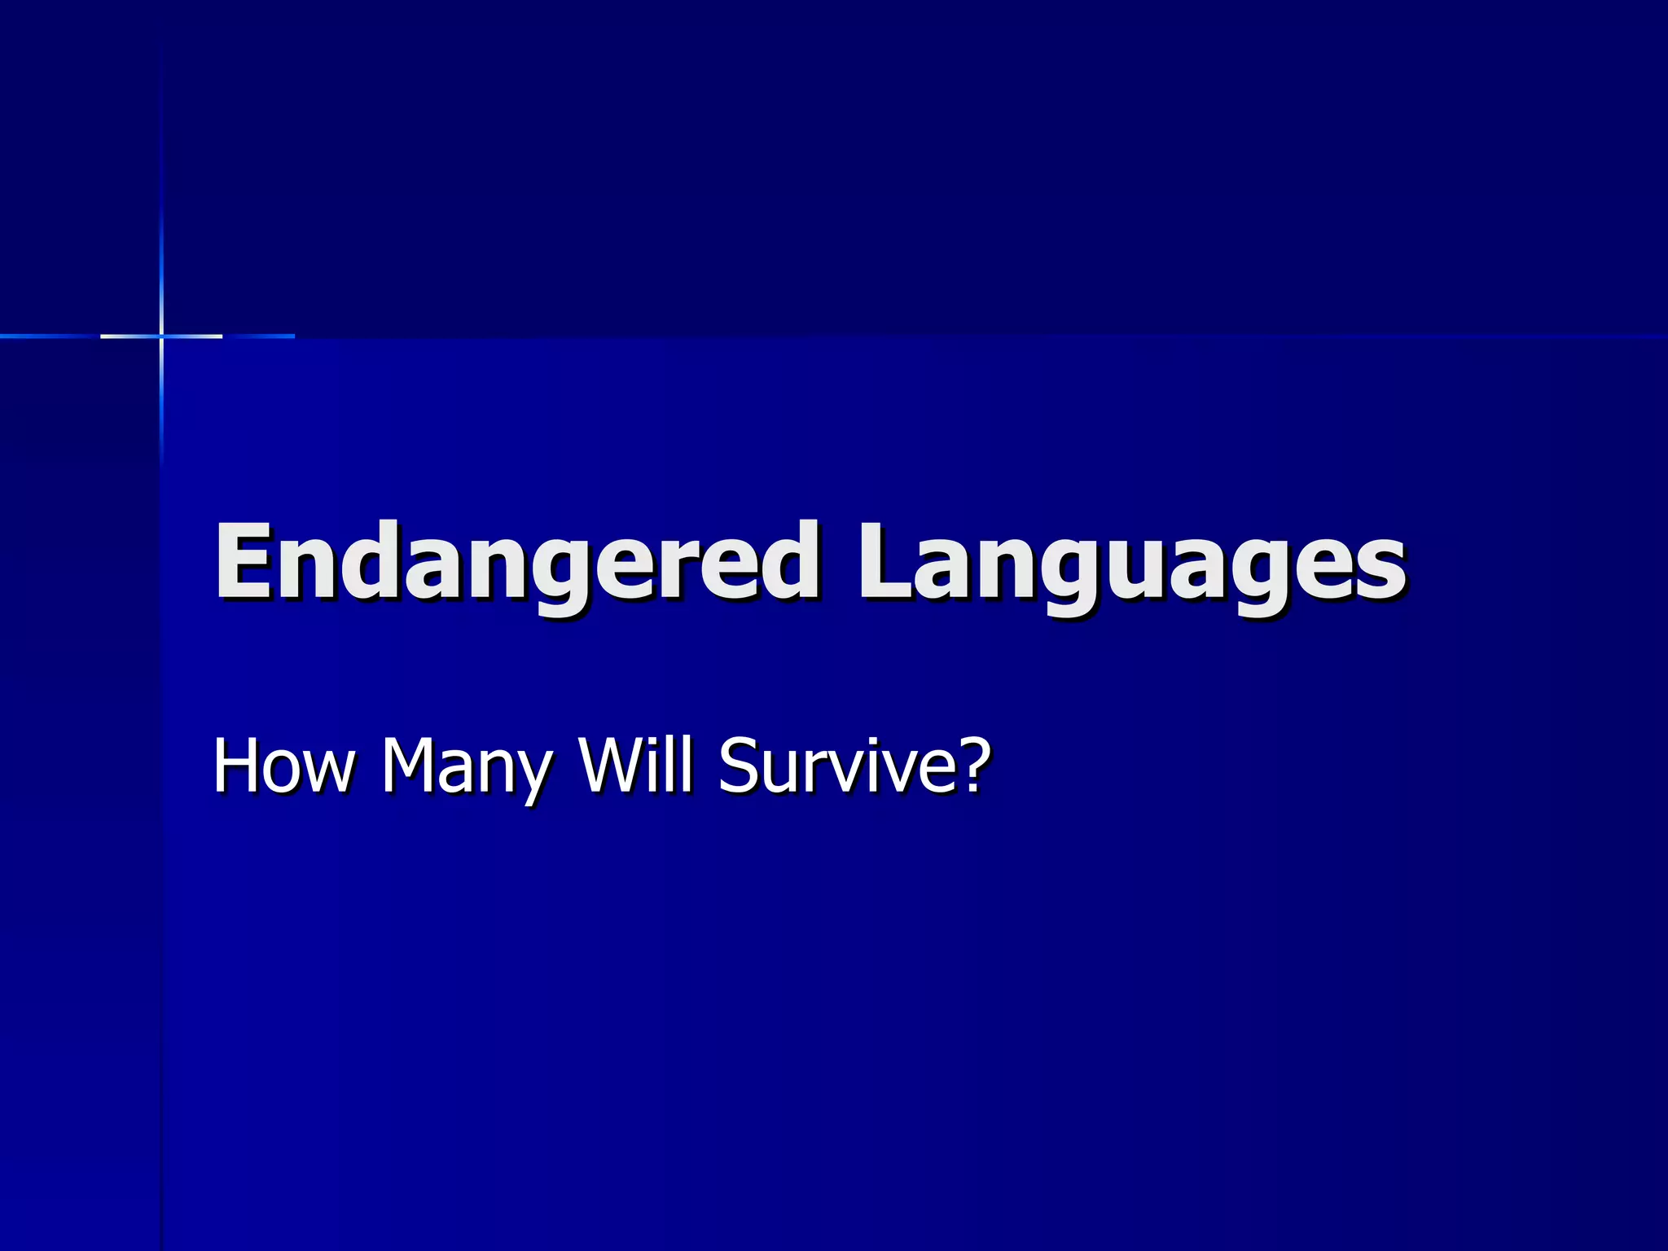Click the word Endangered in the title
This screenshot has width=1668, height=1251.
(x=517, y=562)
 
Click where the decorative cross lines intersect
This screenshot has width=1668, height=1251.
(x=161, y=336)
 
